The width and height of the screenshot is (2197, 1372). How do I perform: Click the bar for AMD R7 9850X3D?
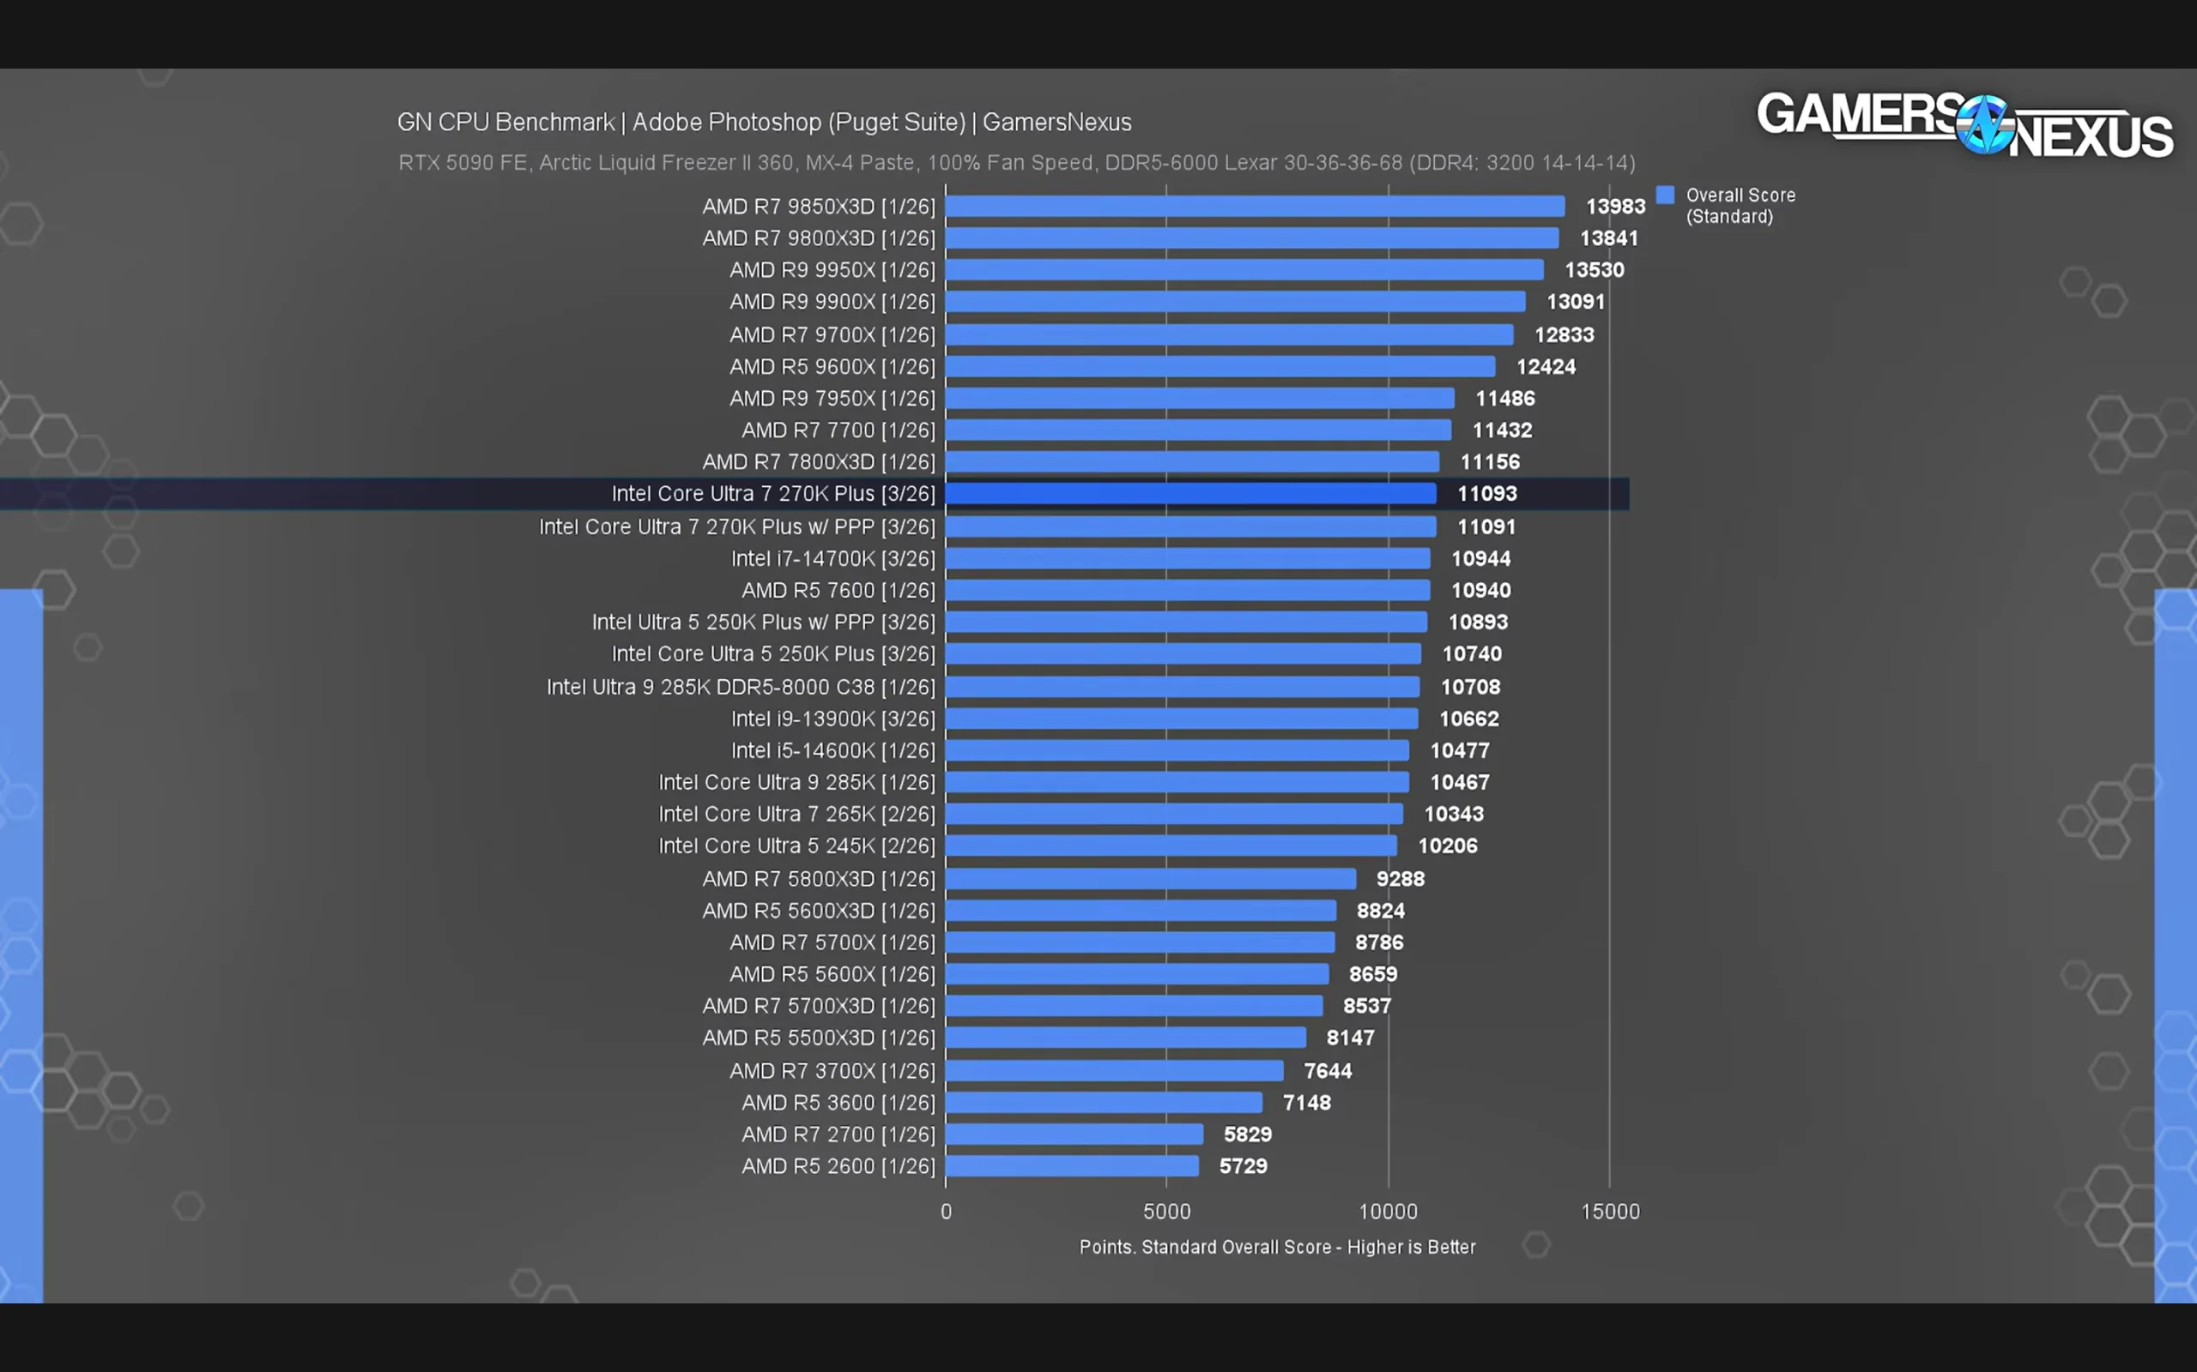[x=1255, y=207]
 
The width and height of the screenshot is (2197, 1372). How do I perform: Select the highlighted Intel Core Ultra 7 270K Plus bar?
[x=1190, y=494]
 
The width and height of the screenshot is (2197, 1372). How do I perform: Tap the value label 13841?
[x=1609, y=238]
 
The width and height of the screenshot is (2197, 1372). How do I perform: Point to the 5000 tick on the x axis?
[x=1166, y=1212]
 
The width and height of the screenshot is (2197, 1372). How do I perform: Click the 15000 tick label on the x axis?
[x=1611, y=1212]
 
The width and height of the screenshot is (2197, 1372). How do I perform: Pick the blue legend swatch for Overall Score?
[x=1665, y=196]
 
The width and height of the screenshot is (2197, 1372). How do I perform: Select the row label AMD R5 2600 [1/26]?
[x=838, y=1167]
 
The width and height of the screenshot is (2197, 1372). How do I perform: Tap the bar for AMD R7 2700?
[x=1074, y=1134]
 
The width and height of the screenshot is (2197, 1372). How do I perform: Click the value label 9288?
[x=1400, y=879]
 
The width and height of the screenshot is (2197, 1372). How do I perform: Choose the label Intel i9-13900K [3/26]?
[x=832, y=719]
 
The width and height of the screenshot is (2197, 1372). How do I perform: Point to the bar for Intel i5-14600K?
[x=1177, y=750]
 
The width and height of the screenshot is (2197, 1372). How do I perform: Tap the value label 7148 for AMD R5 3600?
[x=1306, y=1104]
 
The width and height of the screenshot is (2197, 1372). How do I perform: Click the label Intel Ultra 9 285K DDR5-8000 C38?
[x=711, y=688]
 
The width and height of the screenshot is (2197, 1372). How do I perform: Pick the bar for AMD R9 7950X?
[x=1199, y=399]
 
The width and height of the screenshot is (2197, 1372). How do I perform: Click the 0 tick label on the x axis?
[x=946, y=1212]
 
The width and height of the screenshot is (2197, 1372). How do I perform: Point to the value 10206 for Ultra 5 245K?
[x=1447, y=846]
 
